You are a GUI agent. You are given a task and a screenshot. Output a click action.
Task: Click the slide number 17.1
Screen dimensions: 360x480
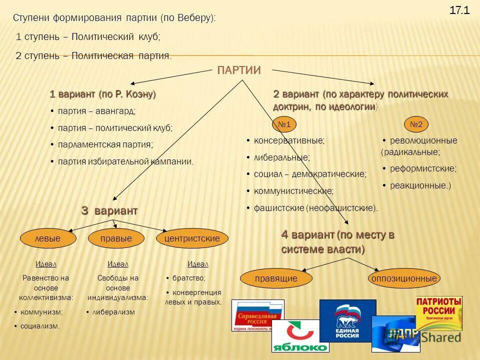pos(459,10)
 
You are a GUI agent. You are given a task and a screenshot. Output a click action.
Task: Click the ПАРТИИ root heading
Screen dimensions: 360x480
pos(239,70)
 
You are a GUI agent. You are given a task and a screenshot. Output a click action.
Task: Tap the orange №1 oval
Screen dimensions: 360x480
pos(284,124)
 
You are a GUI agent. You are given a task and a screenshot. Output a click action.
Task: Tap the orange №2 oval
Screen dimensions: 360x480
pos(416,124)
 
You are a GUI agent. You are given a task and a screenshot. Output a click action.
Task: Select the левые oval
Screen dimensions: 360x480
pos(47,238)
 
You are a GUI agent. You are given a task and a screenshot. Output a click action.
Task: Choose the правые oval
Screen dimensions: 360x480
pos(116,238)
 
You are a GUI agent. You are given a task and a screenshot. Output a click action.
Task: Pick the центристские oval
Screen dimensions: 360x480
pos(192,238)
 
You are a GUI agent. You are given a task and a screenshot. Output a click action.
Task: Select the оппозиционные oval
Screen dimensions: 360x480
pos(404,278)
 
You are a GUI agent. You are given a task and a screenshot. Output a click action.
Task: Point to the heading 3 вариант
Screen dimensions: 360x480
pos(109,211)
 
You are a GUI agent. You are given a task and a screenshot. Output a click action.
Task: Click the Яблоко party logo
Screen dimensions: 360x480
pos(299,336)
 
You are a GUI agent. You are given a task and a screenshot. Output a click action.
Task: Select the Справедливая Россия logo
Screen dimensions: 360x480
pos(257,315)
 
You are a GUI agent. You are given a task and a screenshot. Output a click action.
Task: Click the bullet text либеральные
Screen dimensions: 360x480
pos(281,157)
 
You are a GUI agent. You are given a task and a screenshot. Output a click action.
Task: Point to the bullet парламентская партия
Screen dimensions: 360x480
pos(105,144)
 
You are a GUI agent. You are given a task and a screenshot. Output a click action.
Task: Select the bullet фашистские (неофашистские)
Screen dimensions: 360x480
pos(315,207)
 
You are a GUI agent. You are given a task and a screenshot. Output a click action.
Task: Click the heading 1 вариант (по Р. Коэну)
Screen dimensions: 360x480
pos(103,94)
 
